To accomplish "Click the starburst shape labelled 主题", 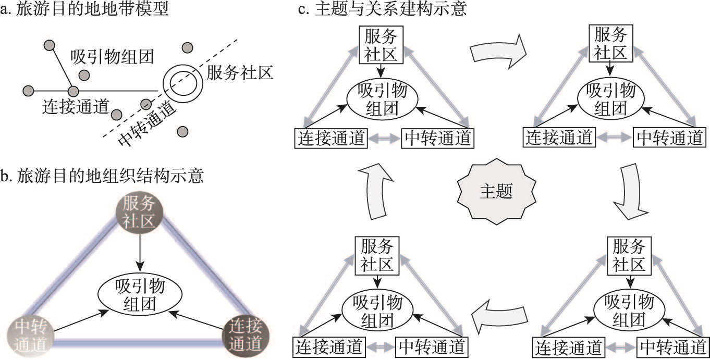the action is (x=496, y=191).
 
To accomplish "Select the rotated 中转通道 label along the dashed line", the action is (x=146, y=123).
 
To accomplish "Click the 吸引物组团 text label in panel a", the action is (x=112, y=57).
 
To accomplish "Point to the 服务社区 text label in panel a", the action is (x=240, y=73).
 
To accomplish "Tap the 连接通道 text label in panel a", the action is (x=76, y=106).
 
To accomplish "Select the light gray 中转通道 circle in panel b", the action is (x=31, y=336).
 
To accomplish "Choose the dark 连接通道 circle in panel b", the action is (x=246, y=335).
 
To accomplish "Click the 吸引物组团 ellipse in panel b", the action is (x=140, y=295).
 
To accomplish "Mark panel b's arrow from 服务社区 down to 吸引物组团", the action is (x=140, y=253).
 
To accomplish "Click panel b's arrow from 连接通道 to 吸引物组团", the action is (x=196, y=320).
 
